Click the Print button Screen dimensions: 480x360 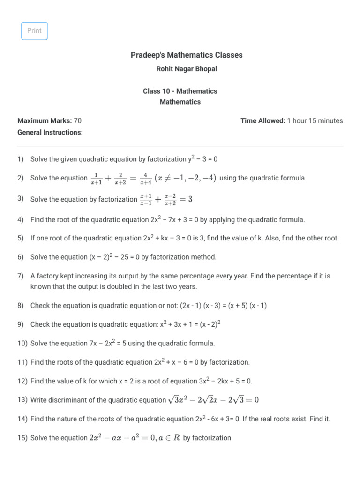point(34,31)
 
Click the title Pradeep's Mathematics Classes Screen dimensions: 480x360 point(187,55)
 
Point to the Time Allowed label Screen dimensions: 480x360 point(262,121)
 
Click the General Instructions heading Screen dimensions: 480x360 point(50,133)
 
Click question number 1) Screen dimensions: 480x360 point(21,159)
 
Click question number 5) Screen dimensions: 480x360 point(21,238)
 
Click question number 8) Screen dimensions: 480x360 point(21,306)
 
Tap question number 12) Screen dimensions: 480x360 point(22,381)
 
